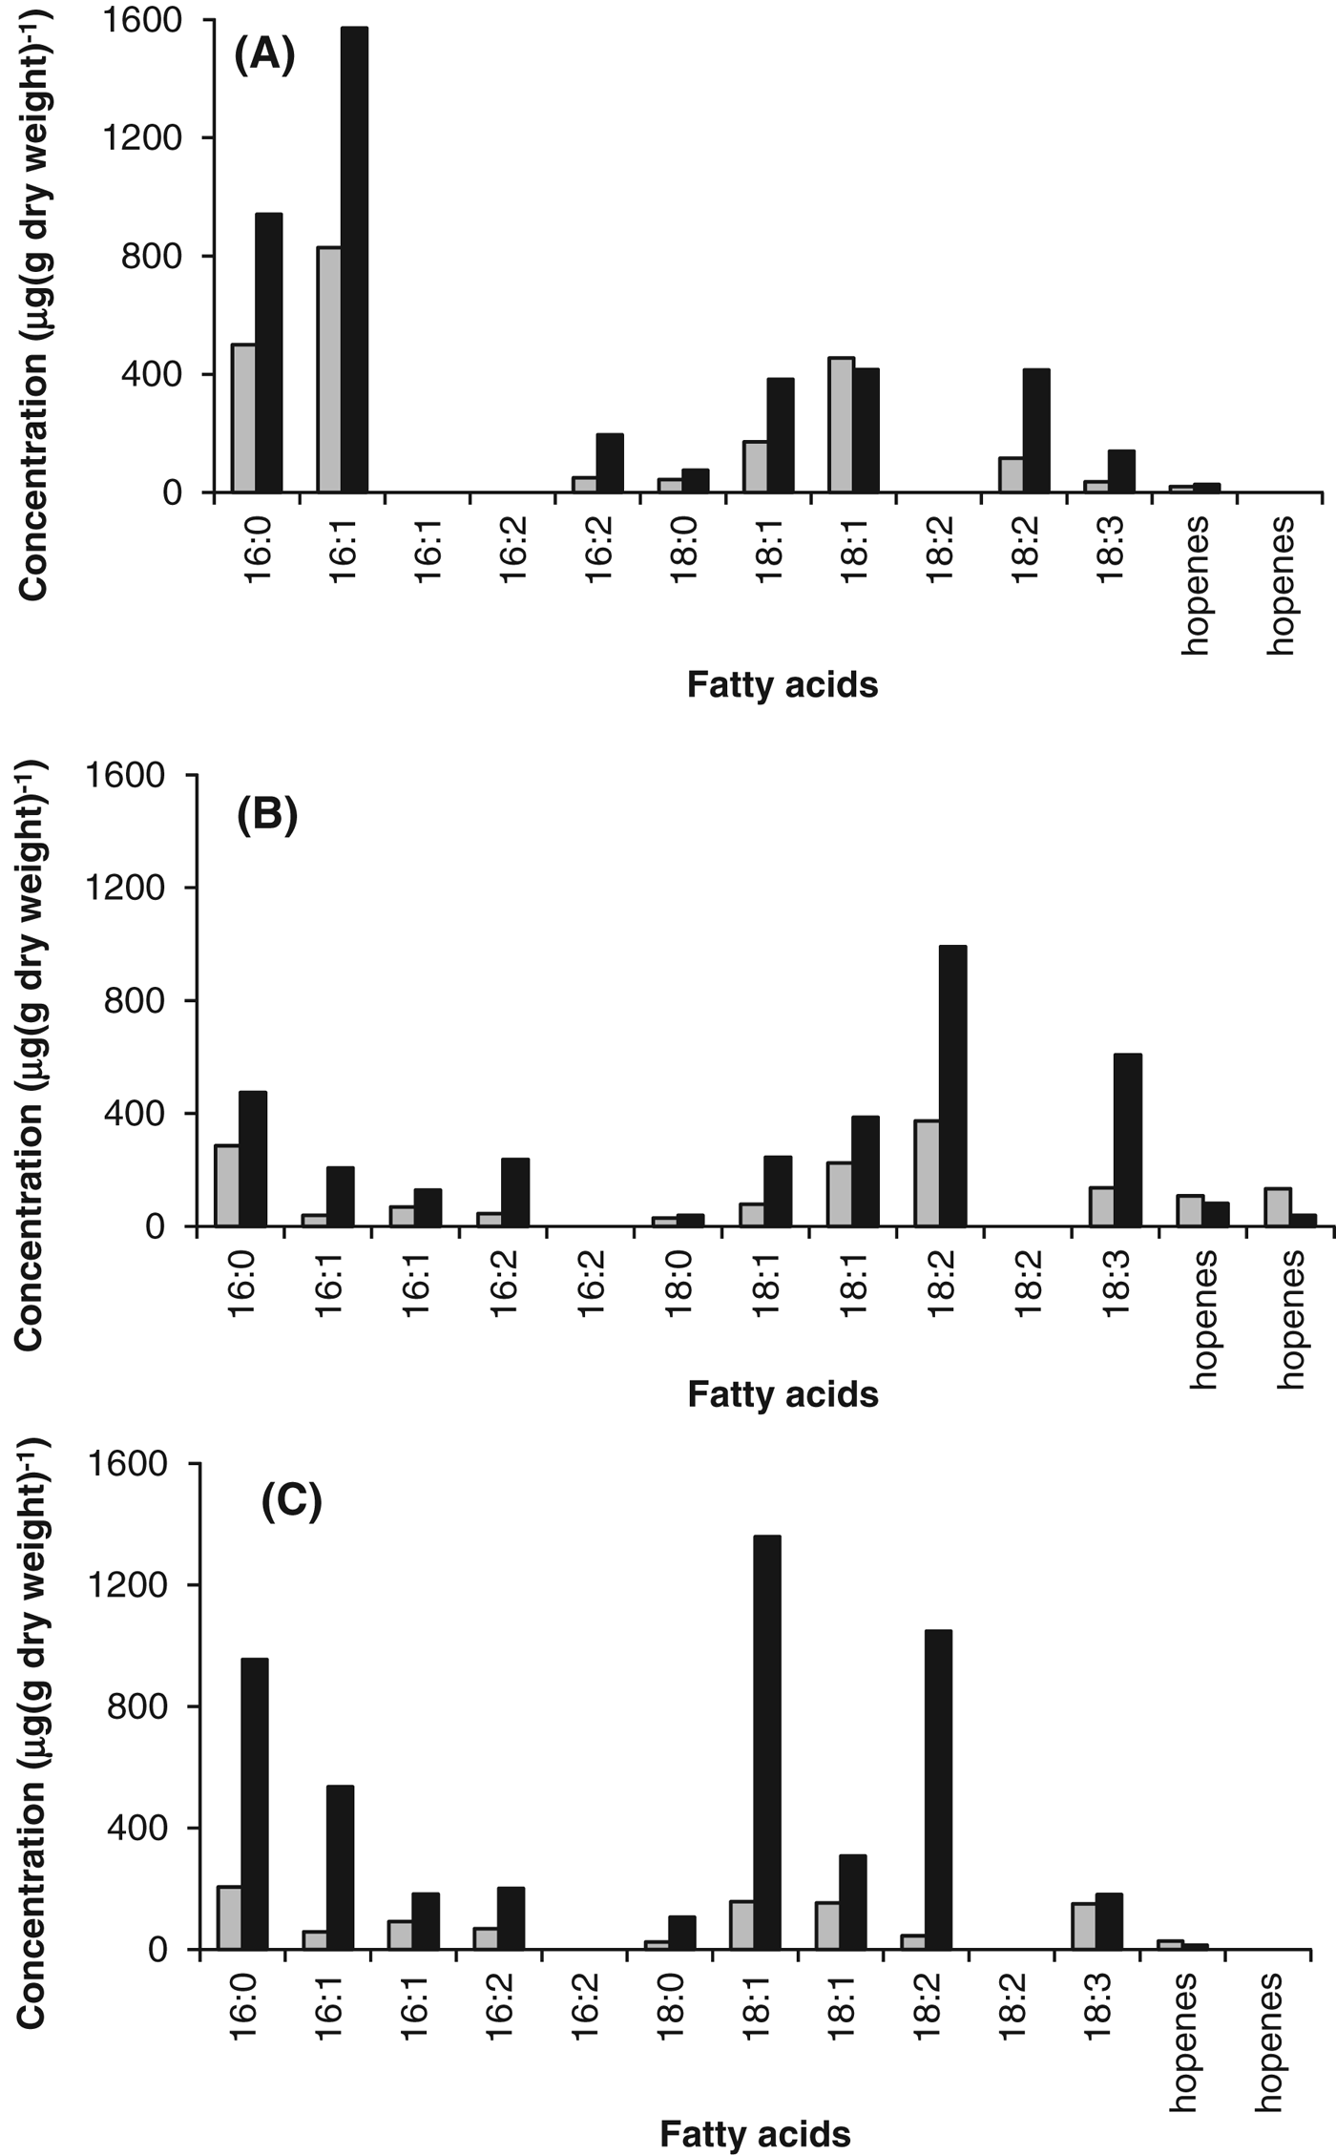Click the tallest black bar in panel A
point(354,260)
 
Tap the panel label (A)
point(265,55)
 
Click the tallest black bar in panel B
point(952,1085)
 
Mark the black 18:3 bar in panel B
point(1127,1140)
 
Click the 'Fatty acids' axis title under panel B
point(783,1394)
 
